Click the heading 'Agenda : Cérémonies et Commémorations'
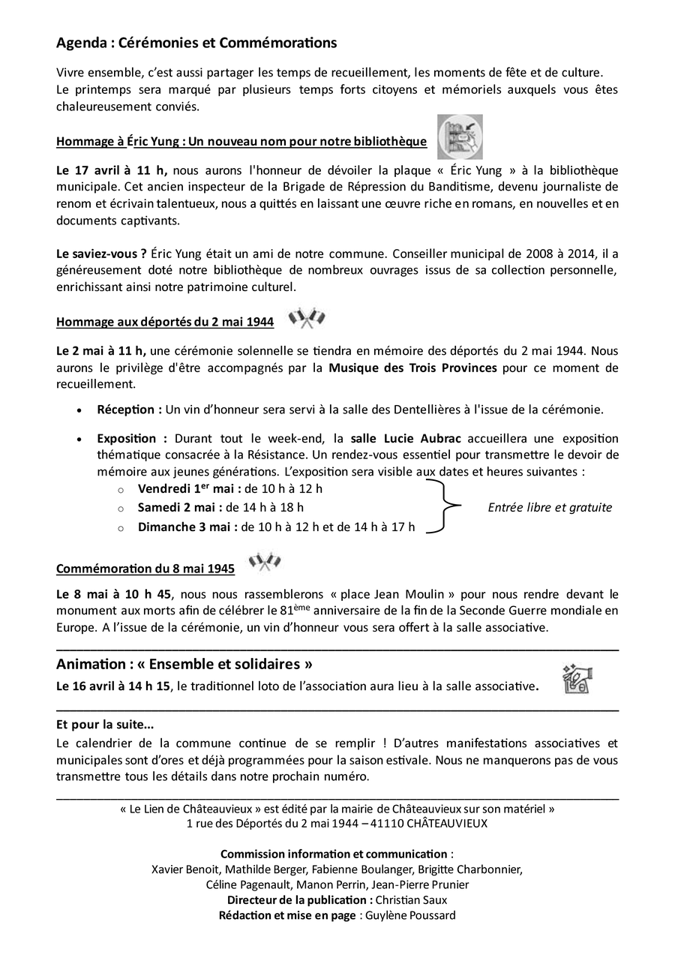[196, 44]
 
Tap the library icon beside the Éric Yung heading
[460, 137]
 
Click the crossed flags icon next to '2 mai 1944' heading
[307, 319]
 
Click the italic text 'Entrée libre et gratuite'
[550, 507]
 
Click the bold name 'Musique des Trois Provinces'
[412, 368]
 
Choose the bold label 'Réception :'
[129, 410]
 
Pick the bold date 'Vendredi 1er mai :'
[190, 489]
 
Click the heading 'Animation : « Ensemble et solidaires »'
[184, 664]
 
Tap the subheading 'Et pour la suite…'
[105, 725]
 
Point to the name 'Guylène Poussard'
[410, 915]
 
